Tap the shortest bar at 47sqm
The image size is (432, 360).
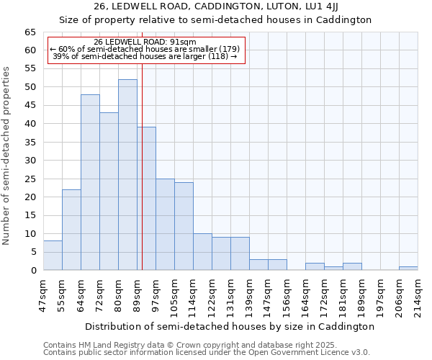point(53,256)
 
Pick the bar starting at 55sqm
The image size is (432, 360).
point(71,230)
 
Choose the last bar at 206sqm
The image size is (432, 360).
point(408,269)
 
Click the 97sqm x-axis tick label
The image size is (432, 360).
point(156,294)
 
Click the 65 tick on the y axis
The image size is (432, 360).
point(30,32)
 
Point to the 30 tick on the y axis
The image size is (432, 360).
point(30,161)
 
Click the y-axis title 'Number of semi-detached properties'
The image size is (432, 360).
point(7,156)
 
